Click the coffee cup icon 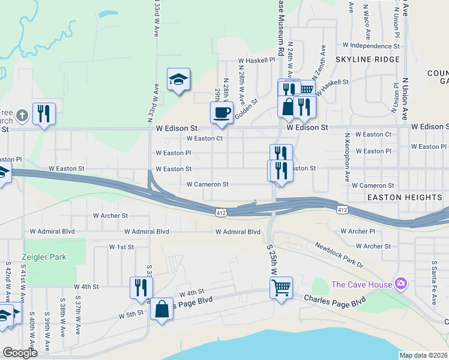pos(221,112)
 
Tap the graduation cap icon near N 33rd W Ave pos(178,79)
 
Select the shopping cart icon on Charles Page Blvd pos(281,289)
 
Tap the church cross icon pos(22,114)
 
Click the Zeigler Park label pos(45,257)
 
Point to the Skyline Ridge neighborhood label pos(367,59)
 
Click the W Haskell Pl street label pos(256,60)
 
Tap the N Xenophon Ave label pos(348,158)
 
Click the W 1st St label pos(121,247)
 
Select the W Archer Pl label pos(357,231)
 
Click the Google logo pos(20,353)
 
